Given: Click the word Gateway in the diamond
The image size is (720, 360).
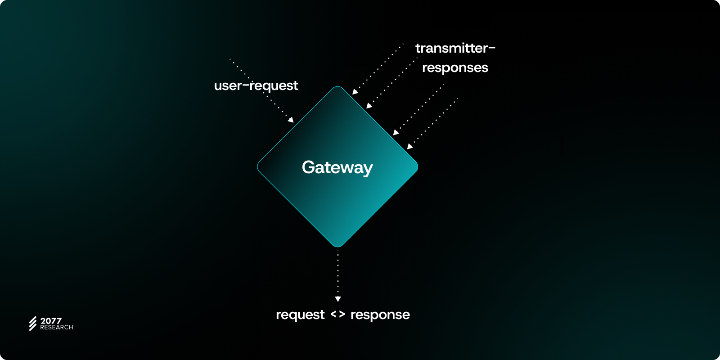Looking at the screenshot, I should pos(337,168).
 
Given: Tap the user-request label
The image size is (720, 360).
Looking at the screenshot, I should pos(256,85).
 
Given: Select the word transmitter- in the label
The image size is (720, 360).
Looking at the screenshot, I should pos(455,48).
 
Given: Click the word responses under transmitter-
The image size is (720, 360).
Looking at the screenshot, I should pos(455,68).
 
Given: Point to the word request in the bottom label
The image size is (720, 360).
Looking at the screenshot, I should pos(300,315).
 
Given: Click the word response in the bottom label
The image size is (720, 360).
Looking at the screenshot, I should pos(380,315).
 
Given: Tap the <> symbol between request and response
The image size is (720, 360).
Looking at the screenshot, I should pos(337,315).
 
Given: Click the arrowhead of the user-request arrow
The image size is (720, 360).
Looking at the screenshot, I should pos(291,120).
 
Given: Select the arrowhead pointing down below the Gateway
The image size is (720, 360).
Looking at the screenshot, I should pos(338,299).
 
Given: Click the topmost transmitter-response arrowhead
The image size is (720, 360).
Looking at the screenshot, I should pos(355,92).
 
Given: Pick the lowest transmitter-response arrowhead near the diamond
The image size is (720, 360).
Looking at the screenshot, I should pos(409,146).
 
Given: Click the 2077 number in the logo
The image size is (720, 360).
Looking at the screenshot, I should pos(51,321).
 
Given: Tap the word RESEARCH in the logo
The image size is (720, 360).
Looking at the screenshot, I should pos(57,328).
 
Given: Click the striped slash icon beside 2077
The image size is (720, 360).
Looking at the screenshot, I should pos(33,324).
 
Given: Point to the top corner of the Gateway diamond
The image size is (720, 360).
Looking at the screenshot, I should pos(337,87).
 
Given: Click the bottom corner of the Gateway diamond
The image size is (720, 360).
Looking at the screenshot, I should pos(337,246).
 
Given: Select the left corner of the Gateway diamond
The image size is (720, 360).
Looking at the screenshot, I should pos(258,167).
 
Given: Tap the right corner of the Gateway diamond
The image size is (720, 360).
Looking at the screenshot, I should pos(417,167).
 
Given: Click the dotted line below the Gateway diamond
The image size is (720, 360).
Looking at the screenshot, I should pos(338,272).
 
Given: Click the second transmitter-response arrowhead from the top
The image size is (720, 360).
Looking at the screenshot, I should pos(369,106).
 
